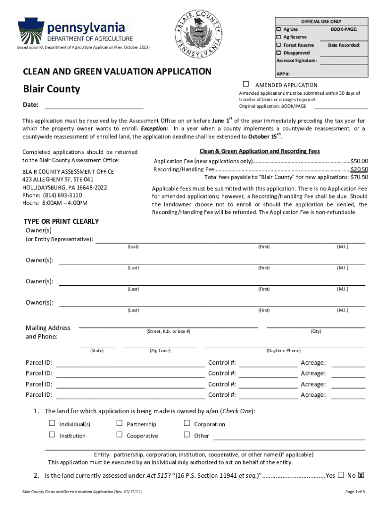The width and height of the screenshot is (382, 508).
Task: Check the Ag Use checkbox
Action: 279,29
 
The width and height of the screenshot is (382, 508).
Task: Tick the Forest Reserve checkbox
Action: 279,45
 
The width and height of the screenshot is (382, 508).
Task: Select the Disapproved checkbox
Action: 279,53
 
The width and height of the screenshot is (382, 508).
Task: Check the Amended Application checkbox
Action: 246,84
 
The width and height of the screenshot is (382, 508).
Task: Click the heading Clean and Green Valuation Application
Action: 117,71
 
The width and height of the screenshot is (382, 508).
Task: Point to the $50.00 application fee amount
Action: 359,161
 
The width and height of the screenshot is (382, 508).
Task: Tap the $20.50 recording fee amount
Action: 359,169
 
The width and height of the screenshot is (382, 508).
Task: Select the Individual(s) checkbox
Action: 52,423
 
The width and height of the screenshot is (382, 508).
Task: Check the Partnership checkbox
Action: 119,423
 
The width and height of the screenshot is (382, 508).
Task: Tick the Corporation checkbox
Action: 187,423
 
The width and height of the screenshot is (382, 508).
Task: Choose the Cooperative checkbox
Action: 119,435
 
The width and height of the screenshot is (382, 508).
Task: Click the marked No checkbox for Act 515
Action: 361,475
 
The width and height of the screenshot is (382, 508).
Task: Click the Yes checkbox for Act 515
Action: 340,475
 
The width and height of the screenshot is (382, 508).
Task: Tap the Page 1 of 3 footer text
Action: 355,492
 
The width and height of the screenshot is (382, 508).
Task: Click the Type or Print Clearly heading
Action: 62,221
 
